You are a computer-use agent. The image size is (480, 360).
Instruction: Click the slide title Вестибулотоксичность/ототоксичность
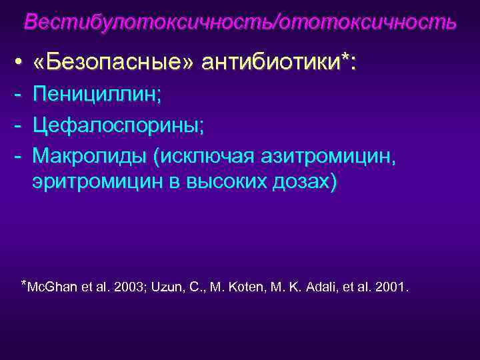(240, 21)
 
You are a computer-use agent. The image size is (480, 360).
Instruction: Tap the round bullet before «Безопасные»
(18, 63)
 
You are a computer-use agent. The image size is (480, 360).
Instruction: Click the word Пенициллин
(97, 94)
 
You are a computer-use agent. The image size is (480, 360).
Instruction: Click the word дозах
(305, 183)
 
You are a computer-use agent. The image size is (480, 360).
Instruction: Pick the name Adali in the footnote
(319, 287)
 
